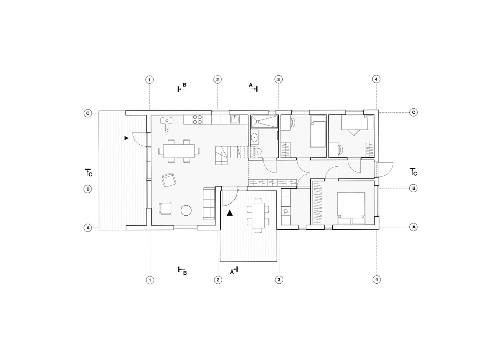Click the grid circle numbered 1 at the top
point(149,80)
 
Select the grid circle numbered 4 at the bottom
point(377,279)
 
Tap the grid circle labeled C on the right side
point(414,112)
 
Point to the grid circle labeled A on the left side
point(88,228)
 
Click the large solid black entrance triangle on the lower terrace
point(230,213)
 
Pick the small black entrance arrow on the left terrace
point(126,138)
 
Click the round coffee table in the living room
point(186,210)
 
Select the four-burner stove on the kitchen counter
point(197,120)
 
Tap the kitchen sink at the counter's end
point(235,120)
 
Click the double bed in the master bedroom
point(351,208)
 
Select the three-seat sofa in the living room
point(209,203)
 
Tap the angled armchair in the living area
point(169,180)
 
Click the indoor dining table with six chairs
point(179,151)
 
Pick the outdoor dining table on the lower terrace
point(258,215)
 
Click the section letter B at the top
point(184,85)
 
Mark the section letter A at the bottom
point(232,273)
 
